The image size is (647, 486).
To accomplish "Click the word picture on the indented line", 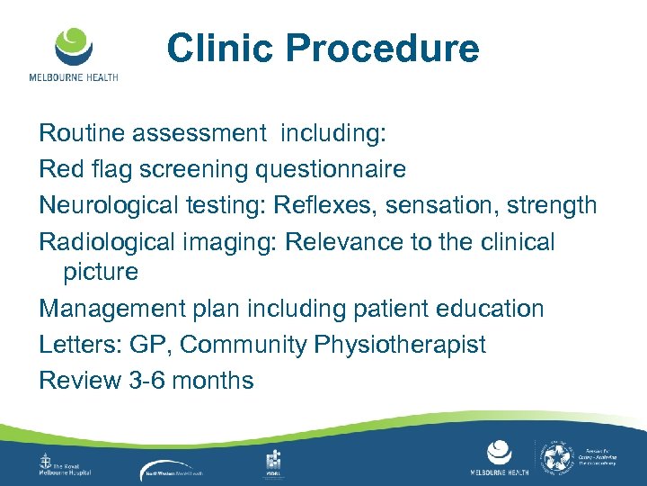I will pos(101,272).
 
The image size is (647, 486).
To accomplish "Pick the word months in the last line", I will pos(213,381).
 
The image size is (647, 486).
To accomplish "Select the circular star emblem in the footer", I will pos(559,458).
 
